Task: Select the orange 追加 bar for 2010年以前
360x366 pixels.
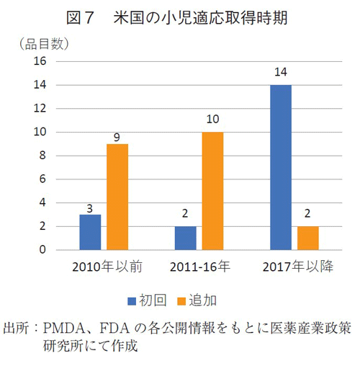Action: (117, 197)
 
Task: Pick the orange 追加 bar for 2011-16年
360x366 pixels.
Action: (212, 191)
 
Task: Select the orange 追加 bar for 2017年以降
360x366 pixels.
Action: (308, 238)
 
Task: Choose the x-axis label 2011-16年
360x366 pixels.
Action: (199, 267)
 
